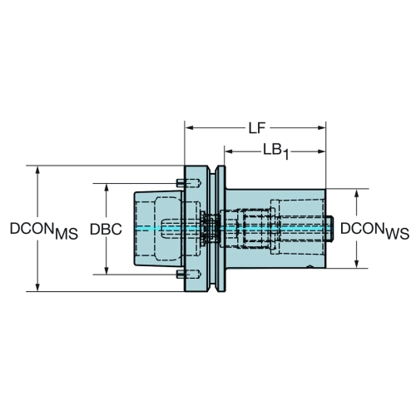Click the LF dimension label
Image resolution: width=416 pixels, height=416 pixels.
click(x=257, y=128)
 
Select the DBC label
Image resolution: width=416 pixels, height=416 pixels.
click(x=106, y=230)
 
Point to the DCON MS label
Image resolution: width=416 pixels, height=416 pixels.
click(x=44, y=230)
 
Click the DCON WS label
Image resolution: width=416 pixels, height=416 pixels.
click(x=374, y=230)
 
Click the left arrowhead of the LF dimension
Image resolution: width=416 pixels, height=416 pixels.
click(x=189, y=128)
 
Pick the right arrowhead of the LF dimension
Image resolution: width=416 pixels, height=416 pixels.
click(x=321, y=128)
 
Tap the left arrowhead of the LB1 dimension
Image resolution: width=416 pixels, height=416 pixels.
click(x=229, y=151)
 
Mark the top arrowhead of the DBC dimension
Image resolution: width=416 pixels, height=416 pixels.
click(x=106, y=188)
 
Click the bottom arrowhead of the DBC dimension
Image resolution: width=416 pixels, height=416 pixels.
click(x=106, y=270)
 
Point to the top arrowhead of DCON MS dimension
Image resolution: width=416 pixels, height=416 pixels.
click(x=37, y=170)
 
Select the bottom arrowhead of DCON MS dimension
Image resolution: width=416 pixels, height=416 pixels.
click(x=37, y=287)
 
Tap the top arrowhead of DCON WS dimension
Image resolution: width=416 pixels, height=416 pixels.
click(x=357, y=193)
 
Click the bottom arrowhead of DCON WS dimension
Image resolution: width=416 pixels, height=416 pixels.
click(x=357, y=264)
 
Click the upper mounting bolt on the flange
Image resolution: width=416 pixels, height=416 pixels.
click(x=189, y=183)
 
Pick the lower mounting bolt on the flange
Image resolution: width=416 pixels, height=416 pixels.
click(x=189, y=275)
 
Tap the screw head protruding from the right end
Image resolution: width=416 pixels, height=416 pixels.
click(x=329, y=229)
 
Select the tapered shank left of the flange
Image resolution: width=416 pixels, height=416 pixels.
click(x=158, y=229)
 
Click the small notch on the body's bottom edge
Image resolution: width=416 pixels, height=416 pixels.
click(x=310, y=267)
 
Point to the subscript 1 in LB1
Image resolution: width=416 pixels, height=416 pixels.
click(x=285, y=156)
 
